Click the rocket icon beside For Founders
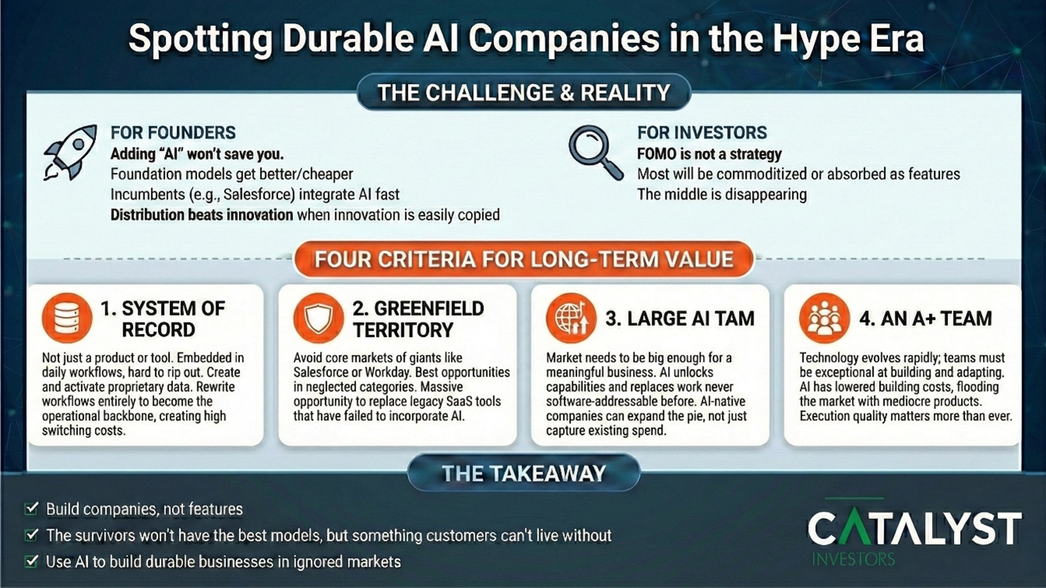(x=70, y=153)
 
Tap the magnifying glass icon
(x=595, y=152)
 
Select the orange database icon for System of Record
(x=67, y=318)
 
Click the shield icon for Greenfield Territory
(x=319, y=318)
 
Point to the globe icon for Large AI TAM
(x=571, y=318)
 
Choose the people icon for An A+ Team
(x=824, y=318)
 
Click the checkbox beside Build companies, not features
(x=31, y=509)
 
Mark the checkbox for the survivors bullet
(x=31, y=535)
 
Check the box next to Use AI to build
(x=31, y=561)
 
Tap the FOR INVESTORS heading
(x=701, y=132)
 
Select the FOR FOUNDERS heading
(x=173, y=132)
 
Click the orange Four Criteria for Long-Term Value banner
(x=524, y=259)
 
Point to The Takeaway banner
(x=524, y=474)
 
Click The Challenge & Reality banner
(x=524, y=93)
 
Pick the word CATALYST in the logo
(x=915, y=527)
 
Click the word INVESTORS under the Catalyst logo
(x=853, y=559)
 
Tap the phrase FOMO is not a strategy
(x=709, y=154)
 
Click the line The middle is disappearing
(x=722, y=194)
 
